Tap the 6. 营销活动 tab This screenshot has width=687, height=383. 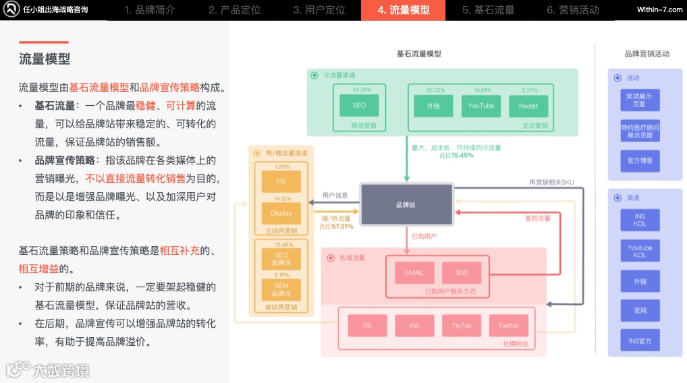pos(572,10)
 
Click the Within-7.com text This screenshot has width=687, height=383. pos(659,9)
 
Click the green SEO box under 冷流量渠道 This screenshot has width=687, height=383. pos(359,106)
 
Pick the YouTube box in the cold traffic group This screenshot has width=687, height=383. pos(481,106)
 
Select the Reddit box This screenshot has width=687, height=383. pos(528,107)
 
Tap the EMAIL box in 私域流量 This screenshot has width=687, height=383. pos(414,272)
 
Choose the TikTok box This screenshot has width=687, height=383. pos(462,326)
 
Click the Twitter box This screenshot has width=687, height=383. pos(508,326)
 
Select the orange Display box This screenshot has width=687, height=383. pos(281,214)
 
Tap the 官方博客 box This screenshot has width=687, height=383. pos(640,161)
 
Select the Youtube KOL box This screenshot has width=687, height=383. pos(640,252)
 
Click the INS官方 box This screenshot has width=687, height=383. pos(640,341)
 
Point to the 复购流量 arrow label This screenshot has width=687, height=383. pos(538,218)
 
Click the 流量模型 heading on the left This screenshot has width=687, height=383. pos(45,59)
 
